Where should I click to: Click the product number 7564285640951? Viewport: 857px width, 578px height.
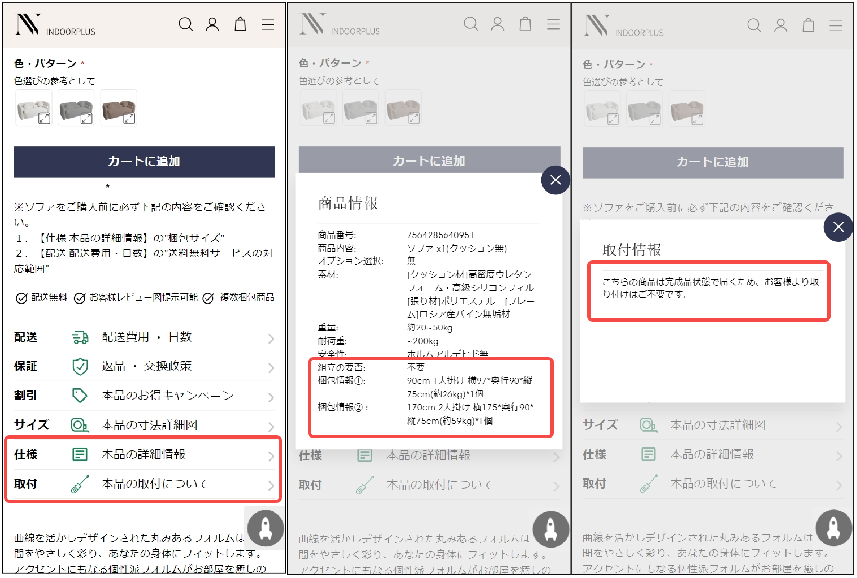click(x=440, y=235)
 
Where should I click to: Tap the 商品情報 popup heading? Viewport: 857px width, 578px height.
click(x=347, y=203)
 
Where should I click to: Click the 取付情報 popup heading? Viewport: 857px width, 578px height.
click(x=631, y=250)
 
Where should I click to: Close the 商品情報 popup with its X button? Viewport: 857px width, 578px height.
click(x=555, y=180)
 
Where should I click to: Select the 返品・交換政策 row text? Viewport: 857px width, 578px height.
click(x=146, y=366)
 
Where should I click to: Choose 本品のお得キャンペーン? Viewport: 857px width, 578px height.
click(x=167, y=396)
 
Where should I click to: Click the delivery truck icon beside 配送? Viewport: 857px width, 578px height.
click(x=80, y=337)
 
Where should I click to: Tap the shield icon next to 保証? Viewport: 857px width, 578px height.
click(x=80, y=366)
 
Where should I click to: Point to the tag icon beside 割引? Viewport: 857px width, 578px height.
click(x=80, y=396)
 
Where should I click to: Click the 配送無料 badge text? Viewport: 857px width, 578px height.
click(x=49, y=297)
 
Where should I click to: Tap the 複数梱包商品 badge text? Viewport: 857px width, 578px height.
click(x=246, y=297)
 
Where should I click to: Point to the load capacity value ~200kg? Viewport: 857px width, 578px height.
click(x=422, y=341)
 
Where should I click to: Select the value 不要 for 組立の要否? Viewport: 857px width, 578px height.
click(x=415, y=367)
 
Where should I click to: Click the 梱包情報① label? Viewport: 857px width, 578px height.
click(x=342, y=380)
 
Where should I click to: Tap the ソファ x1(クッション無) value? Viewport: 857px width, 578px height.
click(x=456, y=248)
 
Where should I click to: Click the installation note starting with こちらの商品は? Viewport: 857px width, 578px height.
click(x=710, y=288)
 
